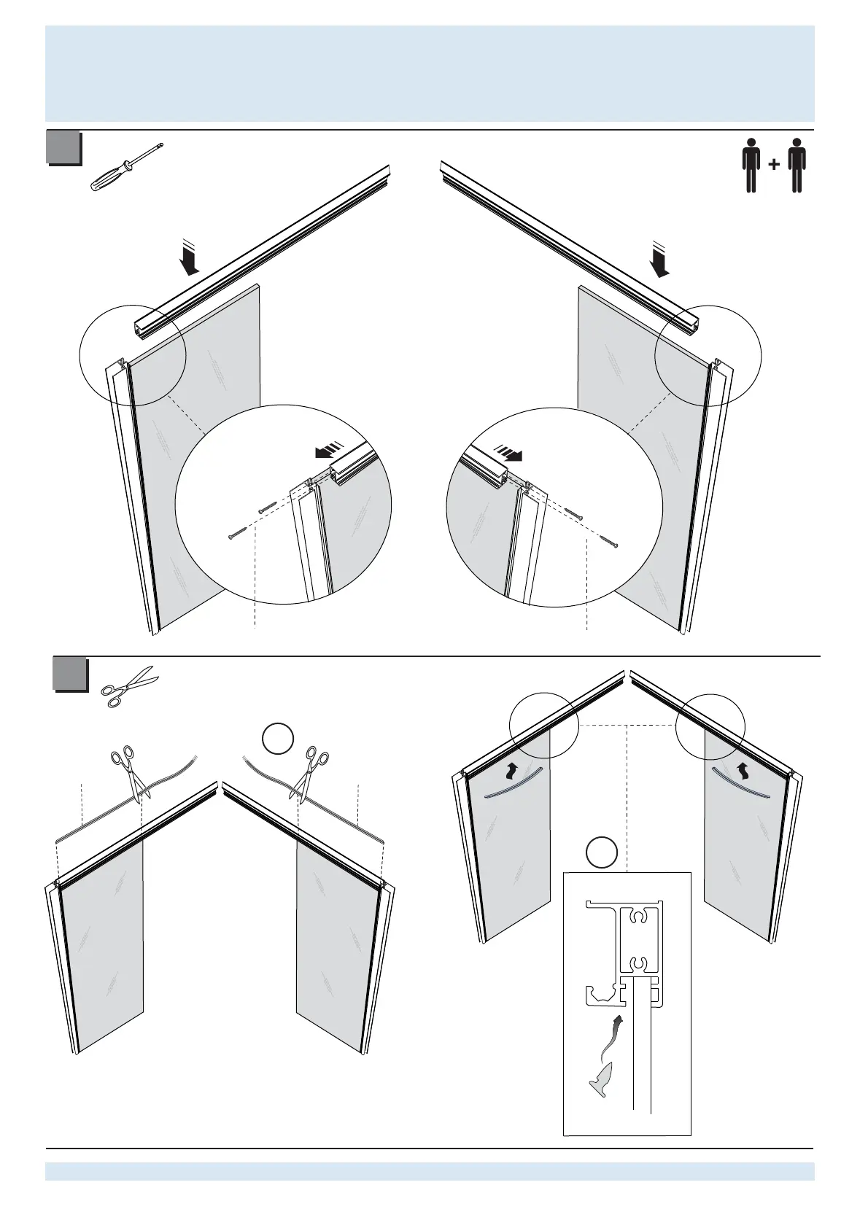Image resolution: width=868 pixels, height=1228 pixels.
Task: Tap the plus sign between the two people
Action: pyautogui.click(x=774, y=165)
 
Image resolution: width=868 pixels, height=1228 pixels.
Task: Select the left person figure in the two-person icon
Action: pyautogui.click(x=751, y=166)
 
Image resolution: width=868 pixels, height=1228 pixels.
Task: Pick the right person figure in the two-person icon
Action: pyautogui.click(x=797, y=166)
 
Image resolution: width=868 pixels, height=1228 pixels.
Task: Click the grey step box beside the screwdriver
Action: pyautogui.click(x=63, y=148)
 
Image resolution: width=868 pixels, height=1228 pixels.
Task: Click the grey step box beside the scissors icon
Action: pyautogui.click(x=71, y=675)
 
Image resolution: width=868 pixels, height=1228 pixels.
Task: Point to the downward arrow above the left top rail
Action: pyautogui.click(x=190, y=260)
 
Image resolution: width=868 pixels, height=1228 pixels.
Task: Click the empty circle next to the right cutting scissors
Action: pyautogui.click(x=278, y=740)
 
